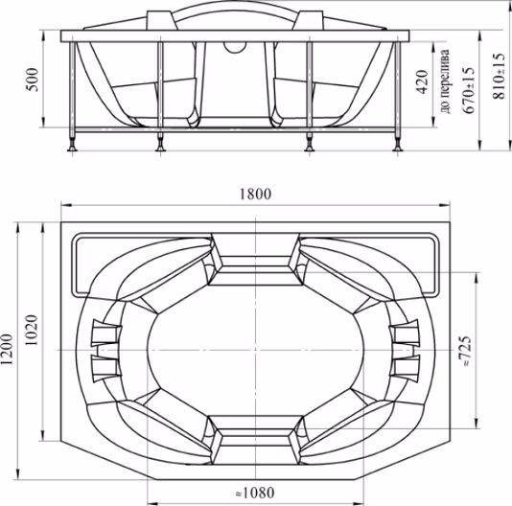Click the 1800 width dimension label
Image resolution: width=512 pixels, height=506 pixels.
(255, 194)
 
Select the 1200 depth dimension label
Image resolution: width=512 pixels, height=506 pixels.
(7, 349)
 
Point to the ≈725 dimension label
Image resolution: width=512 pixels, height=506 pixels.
(466, 351)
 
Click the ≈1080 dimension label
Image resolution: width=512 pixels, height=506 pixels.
(255, 493)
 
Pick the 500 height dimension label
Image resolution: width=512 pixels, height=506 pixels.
(33, 80)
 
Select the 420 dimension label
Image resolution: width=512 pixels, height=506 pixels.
(422, 82)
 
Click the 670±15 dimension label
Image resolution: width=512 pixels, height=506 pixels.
(468, 90)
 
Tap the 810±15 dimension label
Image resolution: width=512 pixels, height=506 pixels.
(499, 76)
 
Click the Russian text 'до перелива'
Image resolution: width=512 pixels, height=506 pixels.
(445, 81)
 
